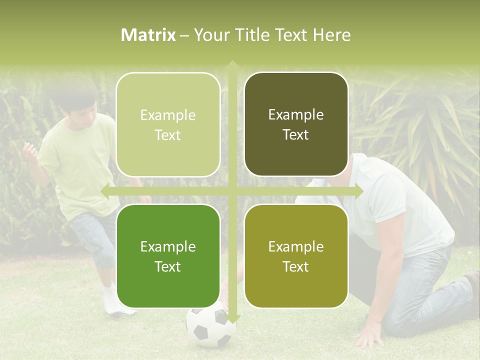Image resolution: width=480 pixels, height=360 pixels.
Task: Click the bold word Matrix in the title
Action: [x=148, y=35]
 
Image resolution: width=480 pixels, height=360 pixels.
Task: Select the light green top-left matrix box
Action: [x=168, y=124]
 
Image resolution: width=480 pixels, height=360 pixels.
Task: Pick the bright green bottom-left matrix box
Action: [x=168, y=256]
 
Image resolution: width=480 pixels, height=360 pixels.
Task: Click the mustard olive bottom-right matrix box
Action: [x=296, y=256]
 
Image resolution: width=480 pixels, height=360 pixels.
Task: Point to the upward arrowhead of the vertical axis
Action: [x=232, y=65]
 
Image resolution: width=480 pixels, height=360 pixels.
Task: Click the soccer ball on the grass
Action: [x=210, y=327]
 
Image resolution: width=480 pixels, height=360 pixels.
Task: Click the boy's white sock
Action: [x=110, y=300]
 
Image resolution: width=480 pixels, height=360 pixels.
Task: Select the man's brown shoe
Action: [x=472, y=290]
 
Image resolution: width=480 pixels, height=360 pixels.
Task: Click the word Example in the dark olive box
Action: [x=296, y=114]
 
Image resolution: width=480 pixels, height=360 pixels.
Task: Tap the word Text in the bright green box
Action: [x=168, y=266]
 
